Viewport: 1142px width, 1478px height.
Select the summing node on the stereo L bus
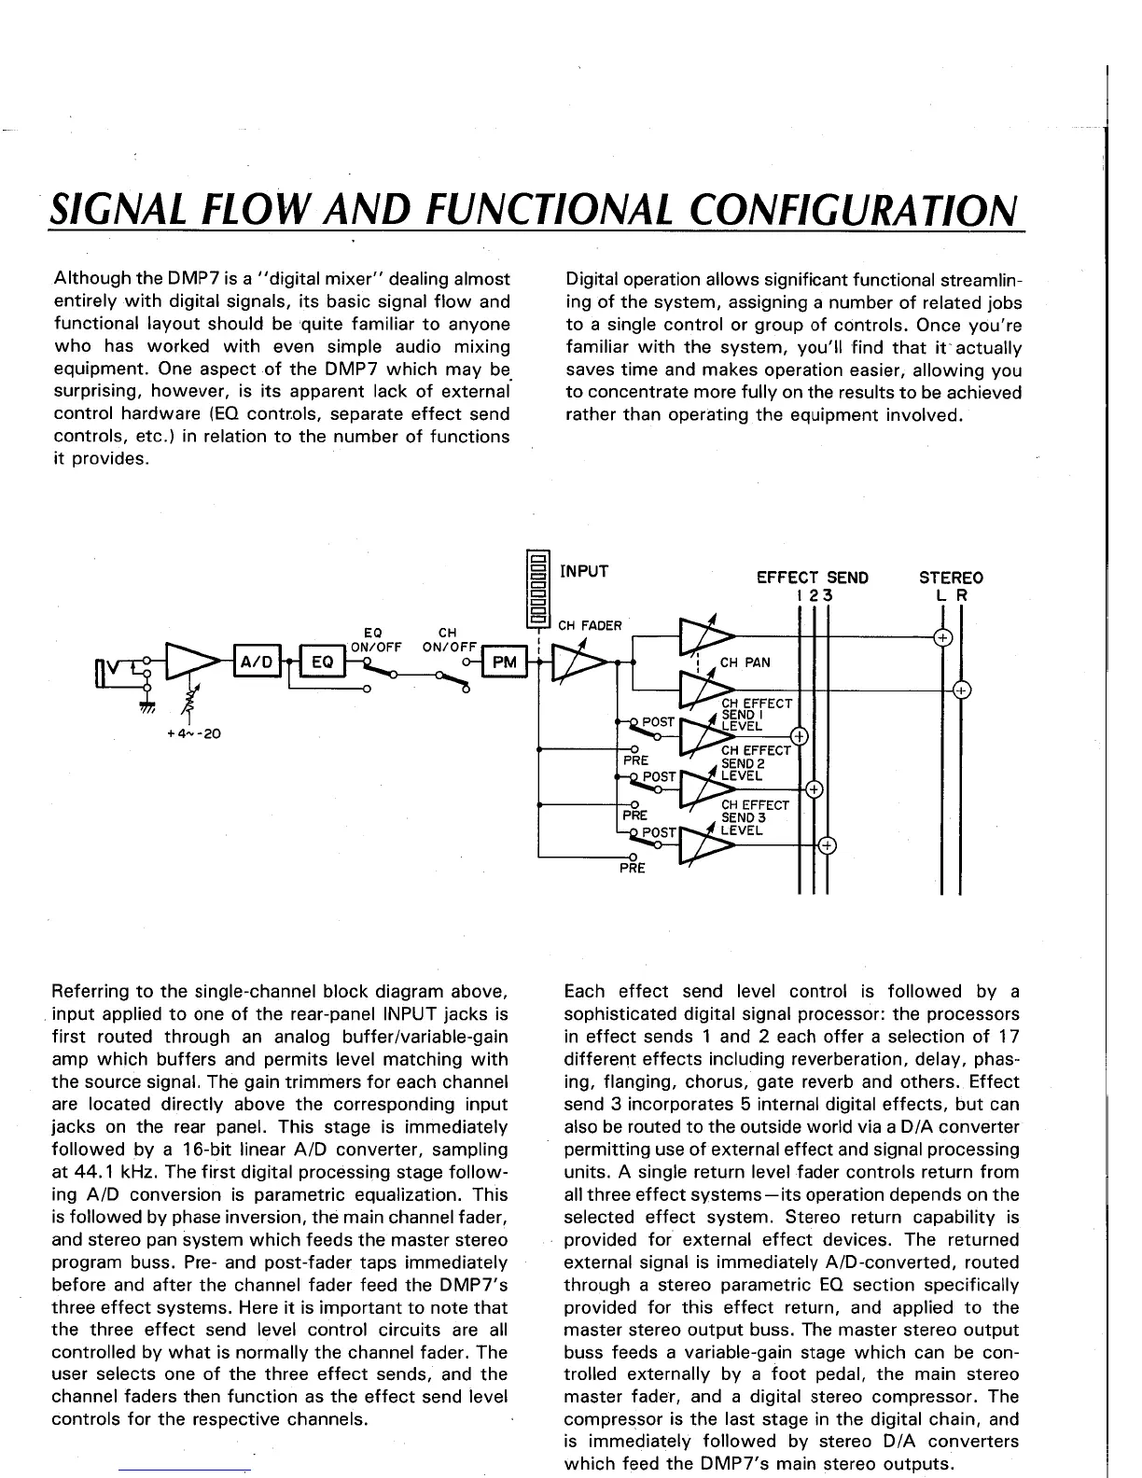[943, 638]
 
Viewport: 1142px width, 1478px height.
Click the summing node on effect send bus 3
[827, 846]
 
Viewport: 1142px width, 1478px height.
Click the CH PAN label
[744, 662]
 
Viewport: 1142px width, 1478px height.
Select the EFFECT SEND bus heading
[812, 578]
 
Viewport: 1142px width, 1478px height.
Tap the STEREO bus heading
[951, 578]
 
